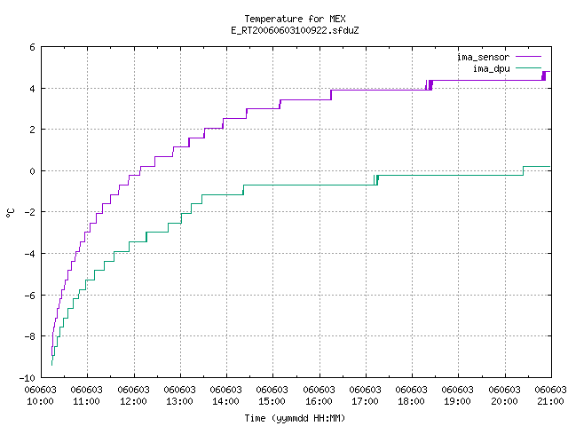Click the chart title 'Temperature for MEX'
pos(295,19)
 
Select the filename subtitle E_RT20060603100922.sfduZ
pos(295,30)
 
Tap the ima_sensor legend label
pos(483,57)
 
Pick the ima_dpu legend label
pos(491,68)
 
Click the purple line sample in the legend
pos(529,57)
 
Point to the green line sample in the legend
pos(529,67)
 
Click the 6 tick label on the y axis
pos(33,47)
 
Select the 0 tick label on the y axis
pos(33,171)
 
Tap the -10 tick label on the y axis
pos(28,378)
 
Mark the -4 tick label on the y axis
pos(29,254)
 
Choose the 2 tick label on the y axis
pos(33,130)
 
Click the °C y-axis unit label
pos(10,213)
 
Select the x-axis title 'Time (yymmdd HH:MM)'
pos(295,418)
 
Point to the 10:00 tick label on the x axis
pos(40,401)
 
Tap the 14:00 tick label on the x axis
pos(226,401)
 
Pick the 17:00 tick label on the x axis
pos(365,401)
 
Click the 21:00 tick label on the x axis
pos(550,401)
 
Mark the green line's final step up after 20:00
pos(523,171)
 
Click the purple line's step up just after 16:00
pos(331,95)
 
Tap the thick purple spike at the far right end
pos(544,75)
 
